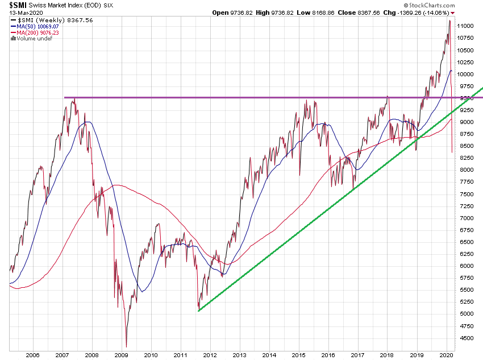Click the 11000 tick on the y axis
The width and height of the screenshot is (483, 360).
click(467, 26)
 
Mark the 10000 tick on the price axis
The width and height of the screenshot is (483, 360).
click(467, 74)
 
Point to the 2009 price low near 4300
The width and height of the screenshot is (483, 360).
click(126, 346)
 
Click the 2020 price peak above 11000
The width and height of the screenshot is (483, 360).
click(449, 20)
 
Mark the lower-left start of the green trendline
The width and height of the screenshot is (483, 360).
click(198, 311)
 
